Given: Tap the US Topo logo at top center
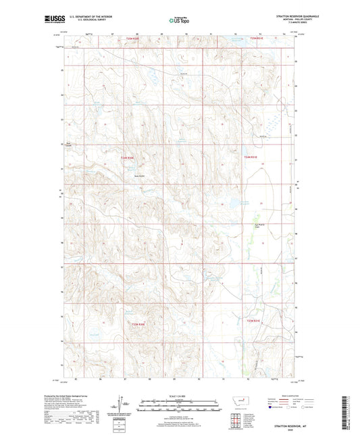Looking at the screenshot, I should coord(178,20).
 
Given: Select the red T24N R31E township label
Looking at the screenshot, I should coord(251,157).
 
